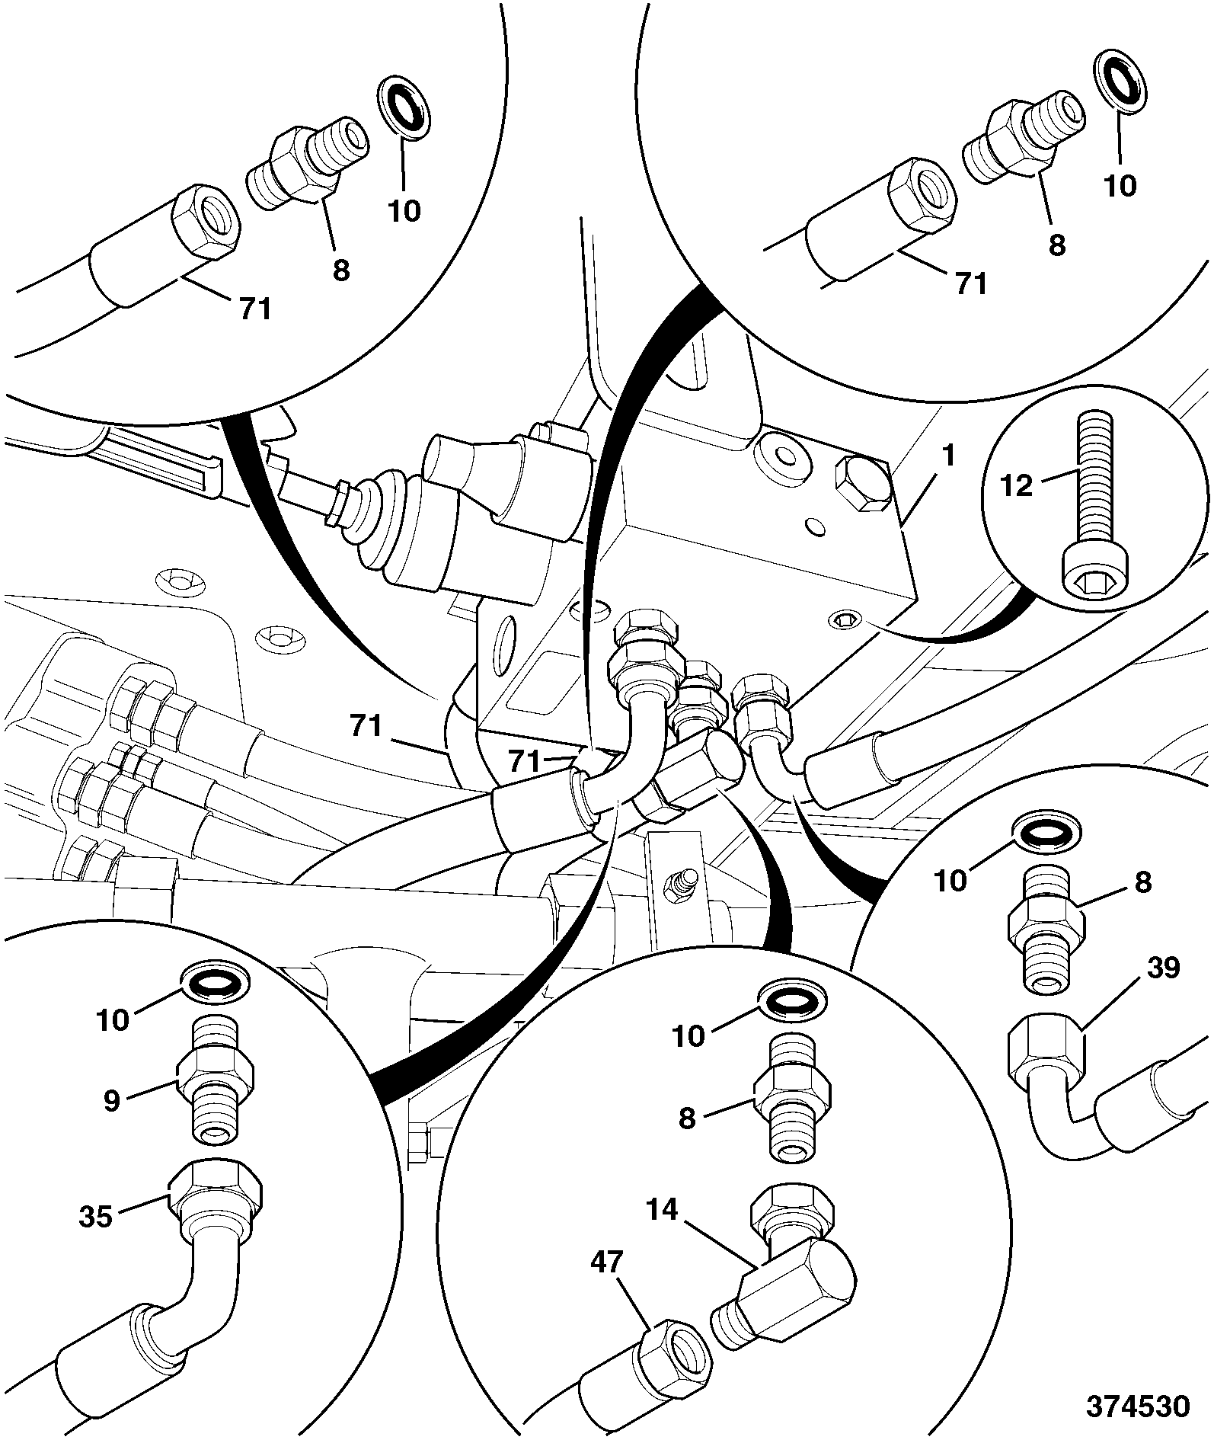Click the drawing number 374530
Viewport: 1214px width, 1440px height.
pyautogui.click(x=1138, y=1406)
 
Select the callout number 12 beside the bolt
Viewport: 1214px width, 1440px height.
pyautogui.click(x=1017, y=485)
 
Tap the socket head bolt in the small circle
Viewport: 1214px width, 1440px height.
pyautogui.click(x=1091, y=510)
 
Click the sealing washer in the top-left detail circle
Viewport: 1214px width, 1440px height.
pyautogui.click(x=404, y=109)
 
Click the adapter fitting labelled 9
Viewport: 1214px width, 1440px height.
pyautogui.click(x=215, y=1095)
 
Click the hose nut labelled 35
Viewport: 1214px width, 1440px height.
pyautogui.click(x=216, y=1203)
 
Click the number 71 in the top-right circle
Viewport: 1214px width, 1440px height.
pyautogui.click(x=970, y=283)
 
